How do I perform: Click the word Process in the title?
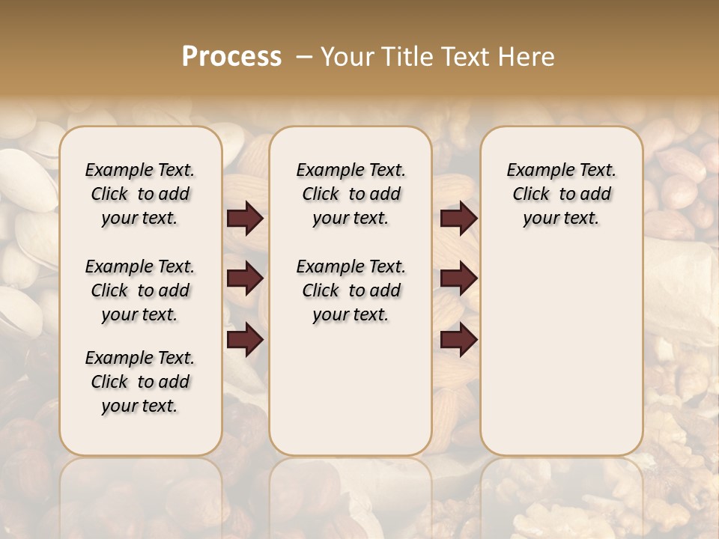click(231, 57)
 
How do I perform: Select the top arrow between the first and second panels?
click(245, 219)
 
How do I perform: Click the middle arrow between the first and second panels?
click(245, 278)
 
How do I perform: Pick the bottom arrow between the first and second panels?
click(245, 340)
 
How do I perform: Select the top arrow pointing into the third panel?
click(458, 219)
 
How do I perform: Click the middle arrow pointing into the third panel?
click(458, 278)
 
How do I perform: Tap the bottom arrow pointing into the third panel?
click(458, 340)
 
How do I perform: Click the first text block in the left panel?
click(140, 194)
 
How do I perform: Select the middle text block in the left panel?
click(140, 290)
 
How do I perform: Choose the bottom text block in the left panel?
click(140, 382)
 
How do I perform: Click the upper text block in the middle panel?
click(351, 194)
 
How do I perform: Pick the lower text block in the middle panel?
click(351, 290)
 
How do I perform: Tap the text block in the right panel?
click(561, 194)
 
